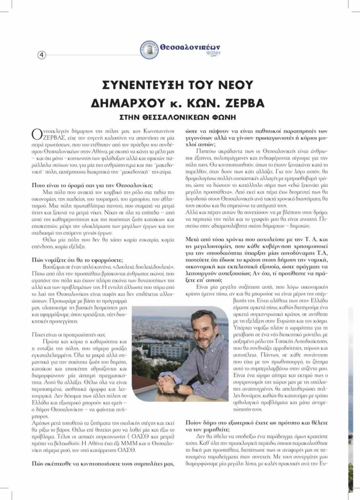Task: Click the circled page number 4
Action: pos(41,55)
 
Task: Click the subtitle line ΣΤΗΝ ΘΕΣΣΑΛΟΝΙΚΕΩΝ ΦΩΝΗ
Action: pos(180,117)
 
